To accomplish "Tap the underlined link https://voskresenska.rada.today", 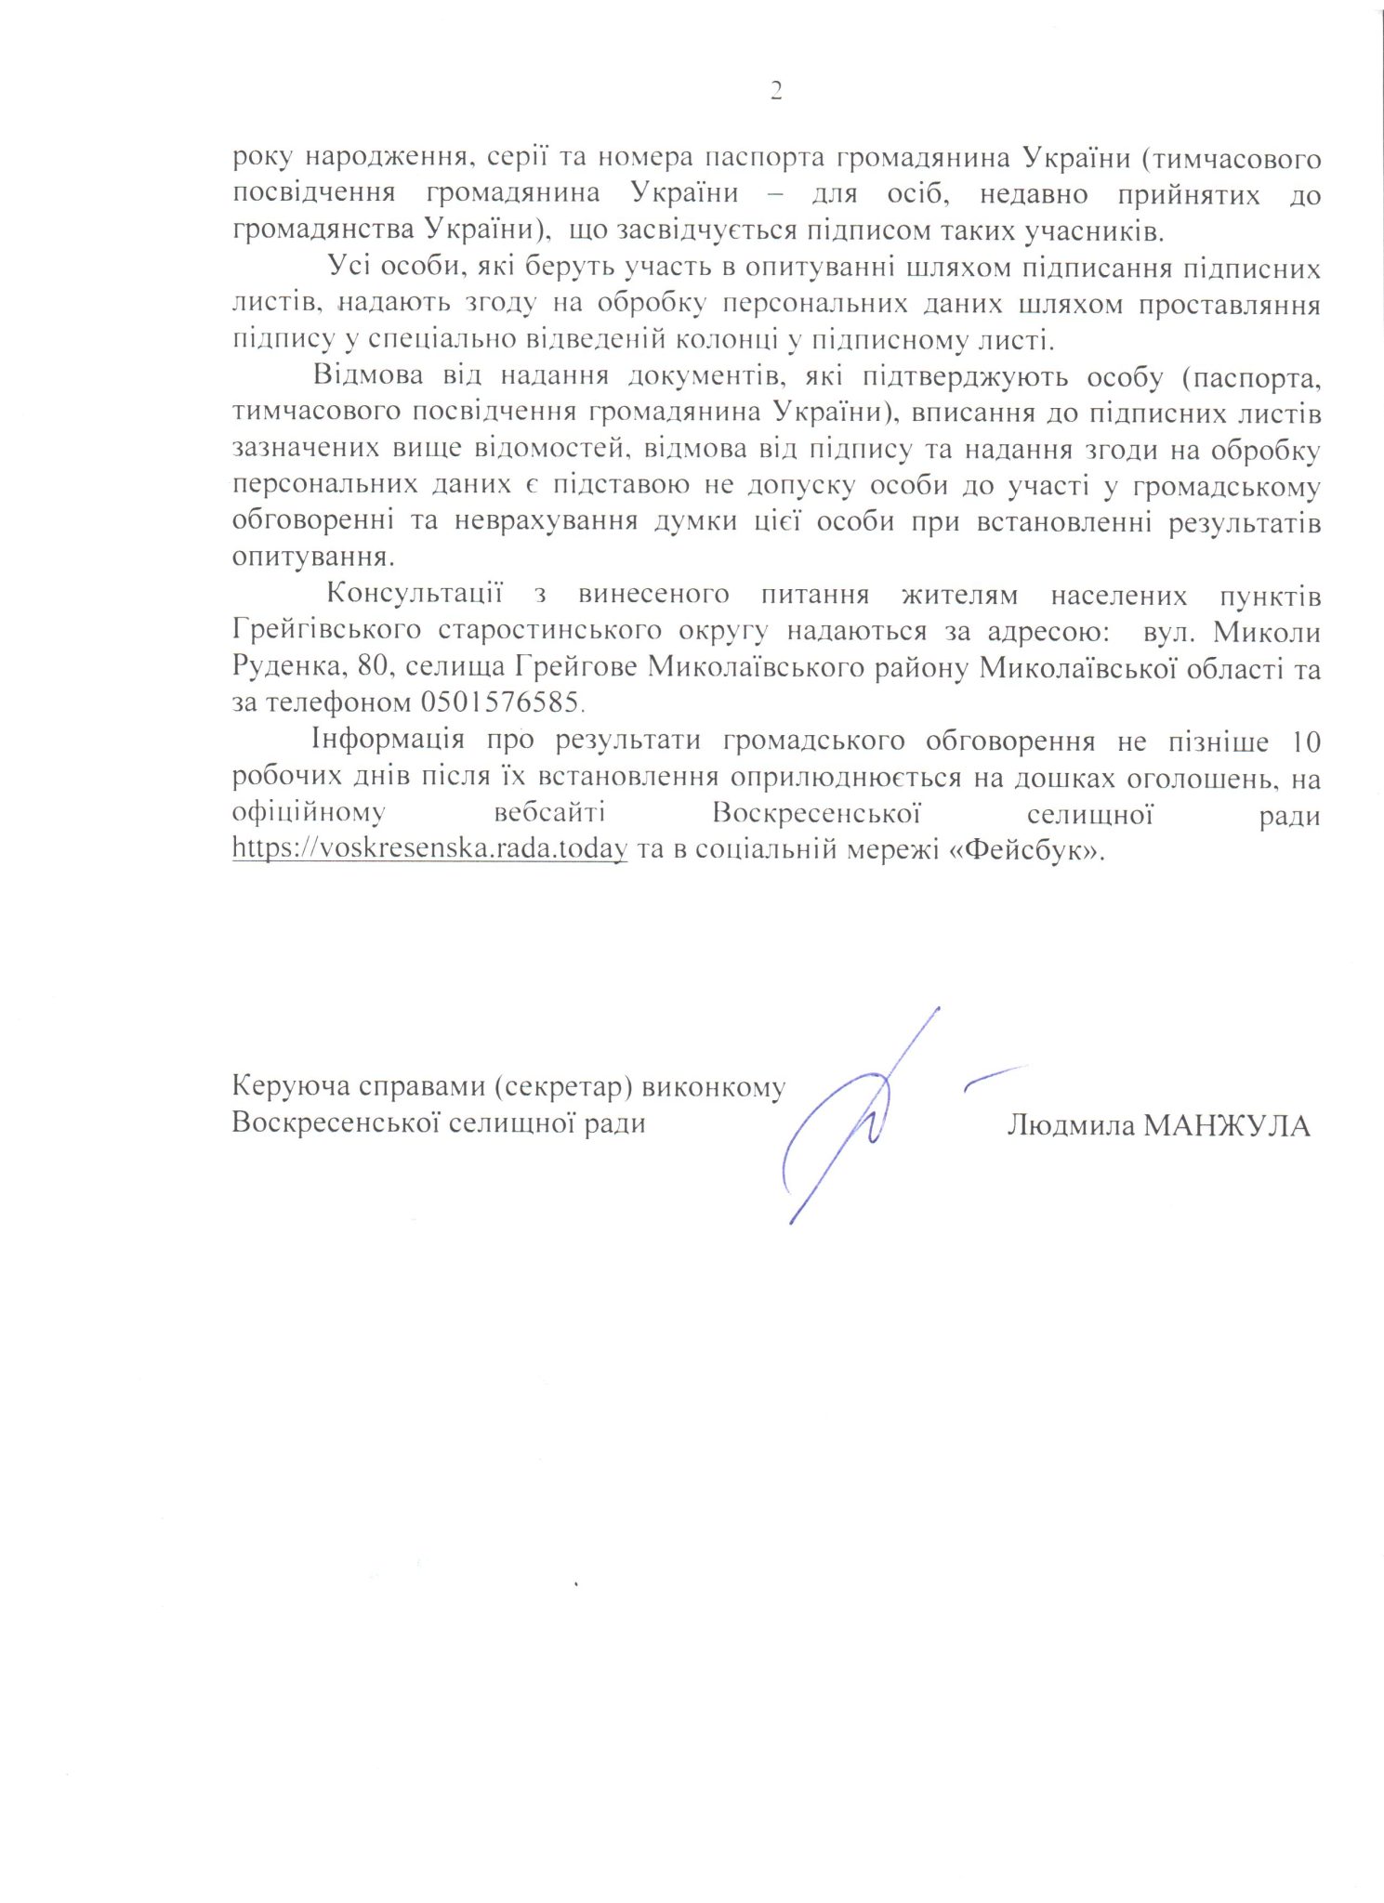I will coord(429,848).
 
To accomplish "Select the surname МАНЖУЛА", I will coord(1226,1125).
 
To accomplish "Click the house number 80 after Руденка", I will coord(372,667).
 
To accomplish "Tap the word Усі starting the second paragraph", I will coord(349,268).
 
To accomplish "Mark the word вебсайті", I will coord(549,814).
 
